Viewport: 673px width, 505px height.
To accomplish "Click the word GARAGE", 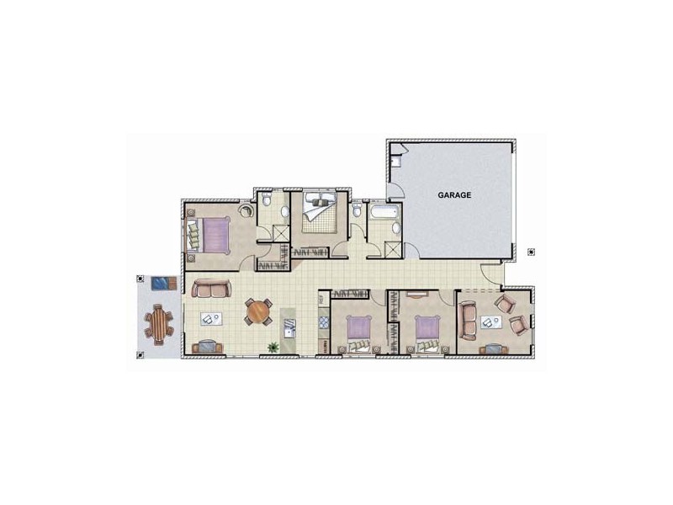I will coord(454,194).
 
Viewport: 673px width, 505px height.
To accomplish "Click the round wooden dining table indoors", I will coord(258,312).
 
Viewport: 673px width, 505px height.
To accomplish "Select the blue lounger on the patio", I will coord(161,281).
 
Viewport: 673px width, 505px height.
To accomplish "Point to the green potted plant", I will coord(273,346).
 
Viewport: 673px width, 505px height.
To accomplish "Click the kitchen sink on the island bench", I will coord(290,329).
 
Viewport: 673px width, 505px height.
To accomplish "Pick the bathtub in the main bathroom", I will coord(384,213).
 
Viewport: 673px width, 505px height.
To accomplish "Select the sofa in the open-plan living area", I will coord(210,289).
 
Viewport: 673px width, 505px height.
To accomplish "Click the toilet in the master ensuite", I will coord(266,201).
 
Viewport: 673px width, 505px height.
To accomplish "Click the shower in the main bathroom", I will coord(393,250).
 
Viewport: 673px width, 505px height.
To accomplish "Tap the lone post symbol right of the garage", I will coord(530,251).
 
